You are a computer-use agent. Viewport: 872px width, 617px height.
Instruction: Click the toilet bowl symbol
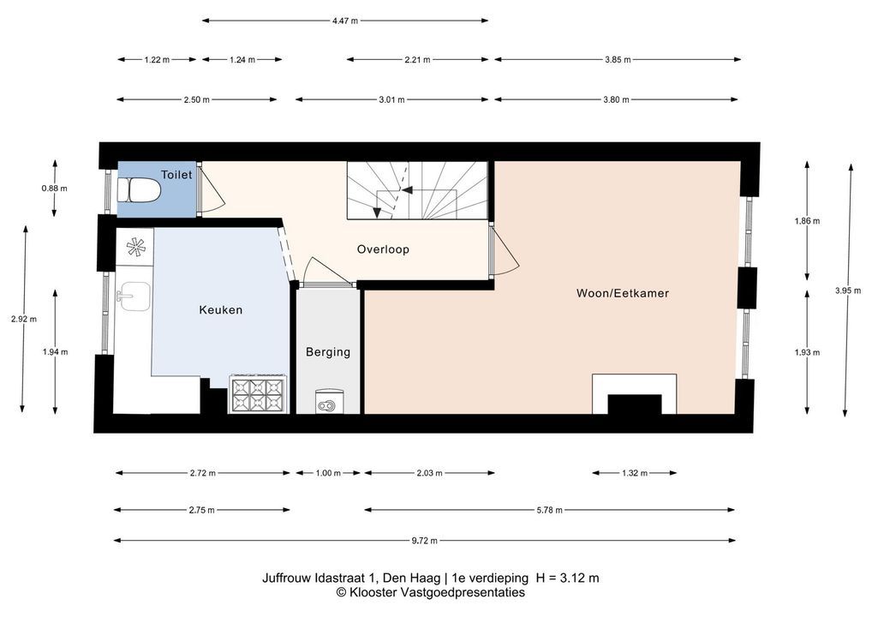(139, 190)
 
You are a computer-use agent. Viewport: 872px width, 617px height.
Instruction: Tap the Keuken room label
(221, 310)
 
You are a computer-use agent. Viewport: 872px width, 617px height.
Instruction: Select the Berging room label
(328, 351)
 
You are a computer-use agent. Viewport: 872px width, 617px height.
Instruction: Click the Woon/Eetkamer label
(622, 293)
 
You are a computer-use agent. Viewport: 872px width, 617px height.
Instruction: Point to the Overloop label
(383, 249)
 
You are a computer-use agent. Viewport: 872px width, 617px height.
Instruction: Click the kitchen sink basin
(134, 296)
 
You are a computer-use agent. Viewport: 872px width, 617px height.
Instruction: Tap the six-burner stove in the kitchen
(258, 395)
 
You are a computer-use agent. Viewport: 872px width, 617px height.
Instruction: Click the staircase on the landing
(418, 190)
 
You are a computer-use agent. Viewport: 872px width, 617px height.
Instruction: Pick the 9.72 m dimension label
(424, 540)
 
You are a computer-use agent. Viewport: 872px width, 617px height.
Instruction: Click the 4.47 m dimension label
(345, 21)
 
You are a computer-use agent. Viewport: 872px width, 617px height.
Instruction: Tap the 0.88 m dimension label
(55, 188)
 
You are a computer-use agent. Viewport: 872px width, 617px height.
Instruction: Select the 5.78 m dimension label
(549, 510)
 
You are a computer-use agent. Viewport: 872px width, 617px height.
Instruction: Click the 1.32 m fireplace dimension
(635, 473)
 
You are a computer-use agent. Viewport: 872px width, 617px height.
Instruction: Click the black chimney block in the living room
(635, 404)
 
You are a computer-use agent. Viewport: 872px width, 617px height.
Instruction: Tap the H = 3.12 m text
(567, 578)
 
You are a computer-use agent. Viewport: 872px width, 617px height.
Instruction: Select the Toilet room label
(176, 175)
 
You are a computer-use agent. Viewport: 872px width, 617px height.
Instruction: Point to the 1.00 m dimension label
(328, 473)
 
